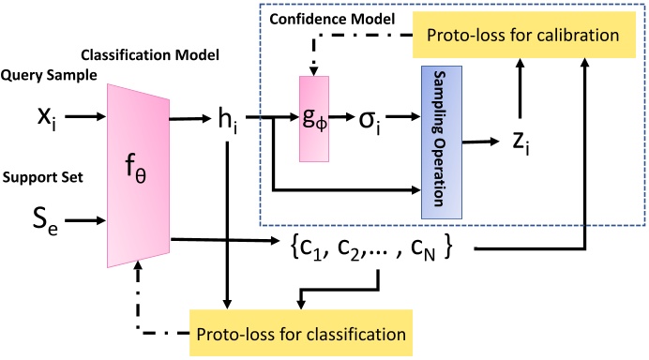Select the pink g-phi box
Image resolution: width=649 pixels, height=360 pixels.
pos(312,119)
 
